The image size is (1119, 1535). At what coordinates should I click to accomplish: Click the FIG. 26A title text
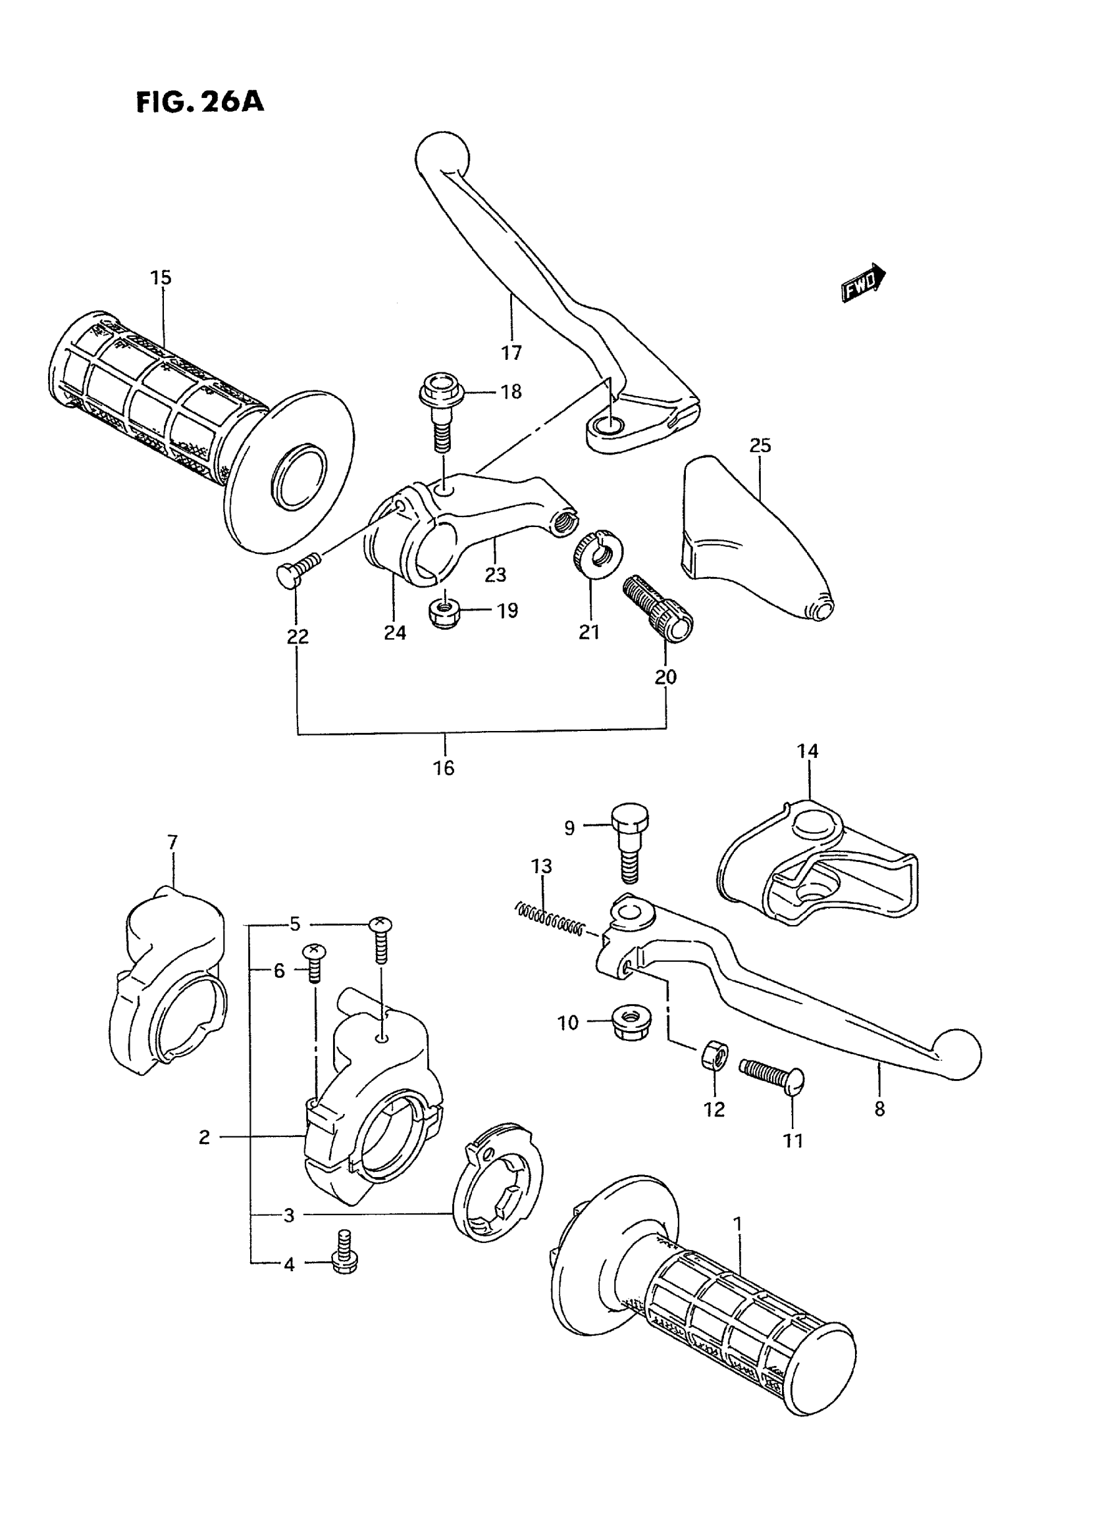tap(200, 101)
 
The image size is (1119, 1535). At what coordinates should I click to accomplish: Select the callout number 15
tap(161, 278)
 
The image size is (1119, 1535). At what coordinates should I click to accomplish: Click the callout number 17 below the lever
tap(511, 352)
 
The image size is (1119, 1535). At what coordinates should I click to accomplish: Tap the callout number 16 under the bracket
tap(444, 768)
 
